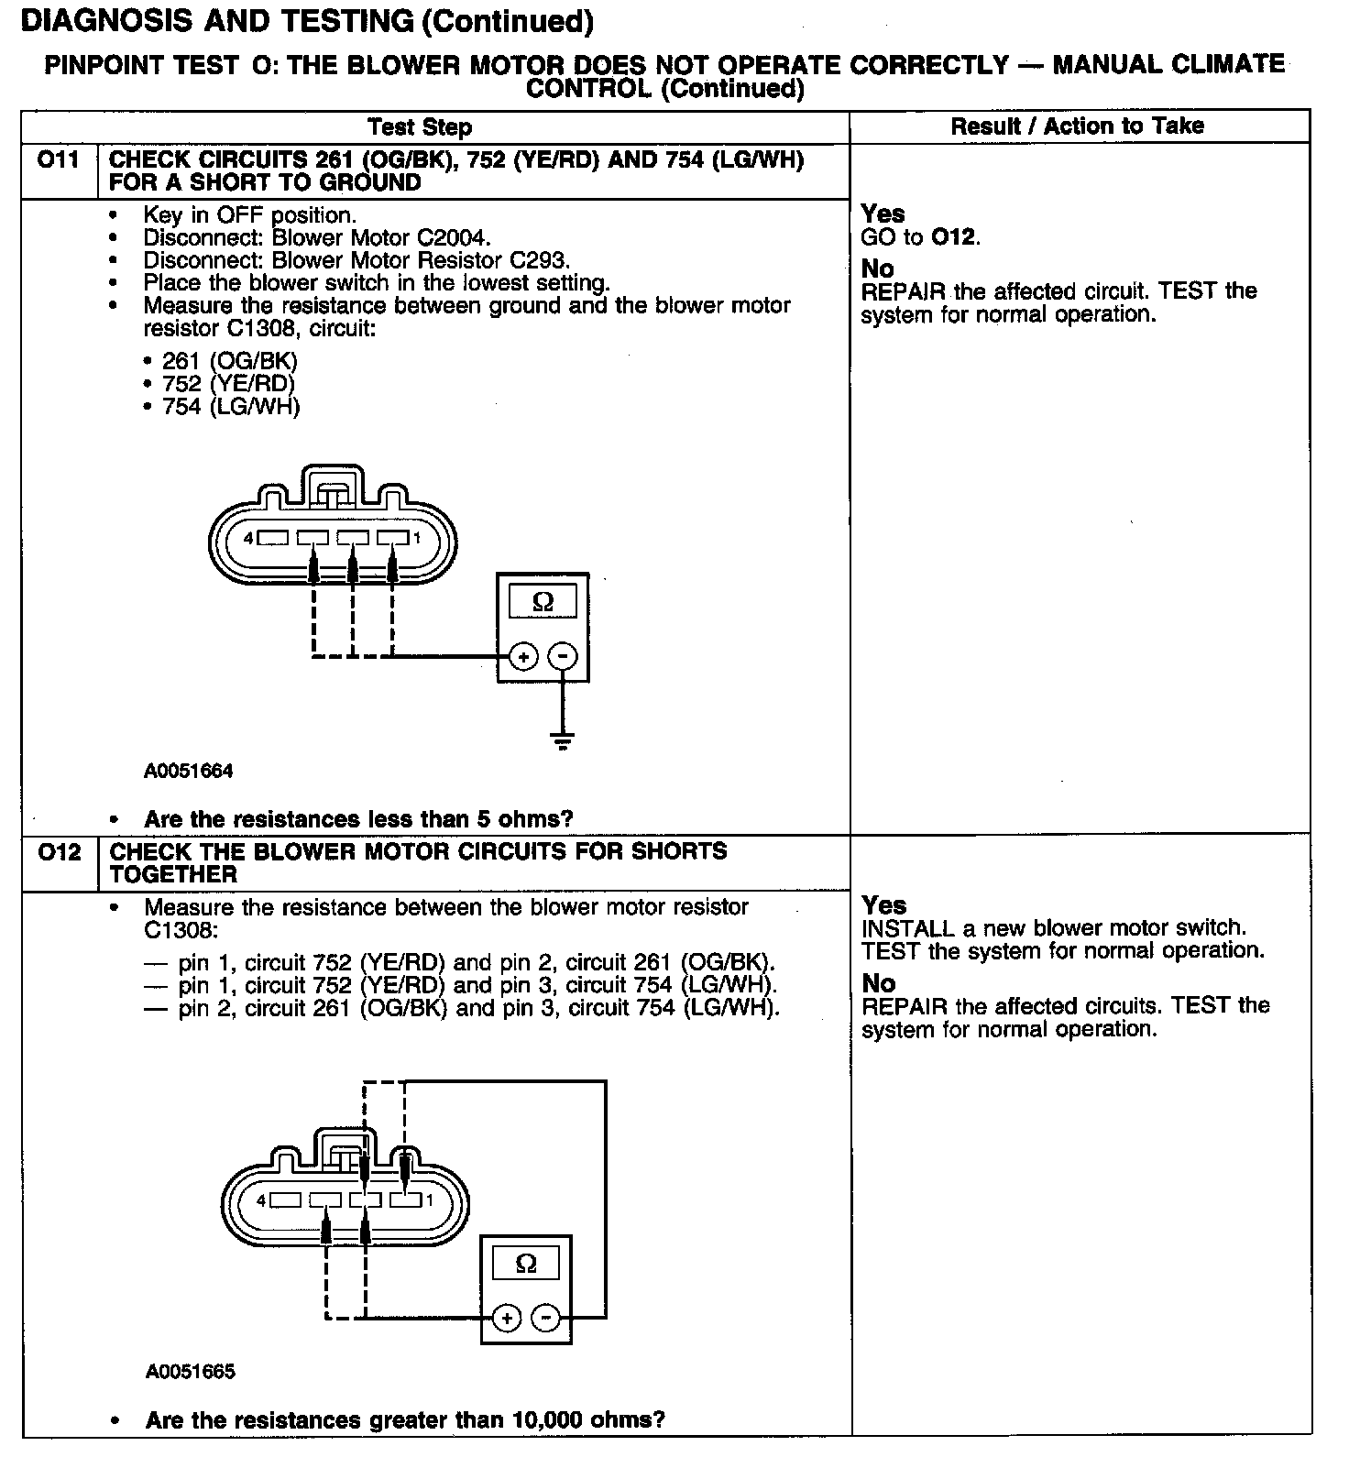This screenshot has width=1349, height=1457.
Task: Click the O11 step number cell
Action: [x=58, y=161]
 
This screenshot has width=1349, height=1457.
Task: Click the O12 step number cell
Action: [x=59, y=853]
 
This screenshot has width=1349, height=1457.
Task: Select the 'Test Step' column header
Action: [x=420, y=127]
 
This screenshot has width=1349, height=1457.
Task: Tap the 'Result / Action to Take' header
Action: [x=1077, y=126]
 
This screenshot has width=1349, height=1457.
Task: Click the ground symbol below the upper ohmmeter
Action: [x=563, y=741]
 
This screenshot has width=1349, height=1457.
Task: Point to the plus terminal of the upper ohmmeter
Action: [x=522, y=656]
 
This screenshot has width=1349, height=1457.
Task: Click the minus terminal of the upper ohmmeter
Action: [x=563, y=656]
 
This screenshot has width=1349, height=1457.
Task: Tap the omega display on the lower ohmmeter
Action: [x=526, y=1265]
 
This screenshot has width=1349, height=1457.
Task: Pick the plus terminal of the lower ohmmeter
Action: [x=505, y=1319]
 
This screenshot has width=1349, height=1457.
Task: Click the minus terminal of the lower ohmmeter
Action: [x=546, y=1319]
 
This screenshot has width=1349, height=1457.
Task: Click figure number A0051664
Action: [x=189, y=771]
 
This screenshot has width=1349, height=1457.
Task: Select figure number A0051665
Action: [x=190, y=1372]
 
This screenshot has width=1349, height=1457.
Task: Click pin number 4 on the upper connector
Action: [x=248, y=539]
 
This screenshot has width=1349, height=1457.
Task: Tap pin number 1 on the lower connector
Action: [x=429, y=1200]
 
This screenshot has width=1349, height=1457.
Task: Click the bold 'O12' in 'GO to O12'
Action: [x=954, y=238]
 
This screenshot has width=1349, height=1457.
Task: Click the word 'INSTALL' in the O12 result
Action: [x=908, y=928]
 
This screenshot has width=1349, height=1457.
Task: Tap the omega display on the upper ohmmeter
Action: [x=543, y=602]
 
